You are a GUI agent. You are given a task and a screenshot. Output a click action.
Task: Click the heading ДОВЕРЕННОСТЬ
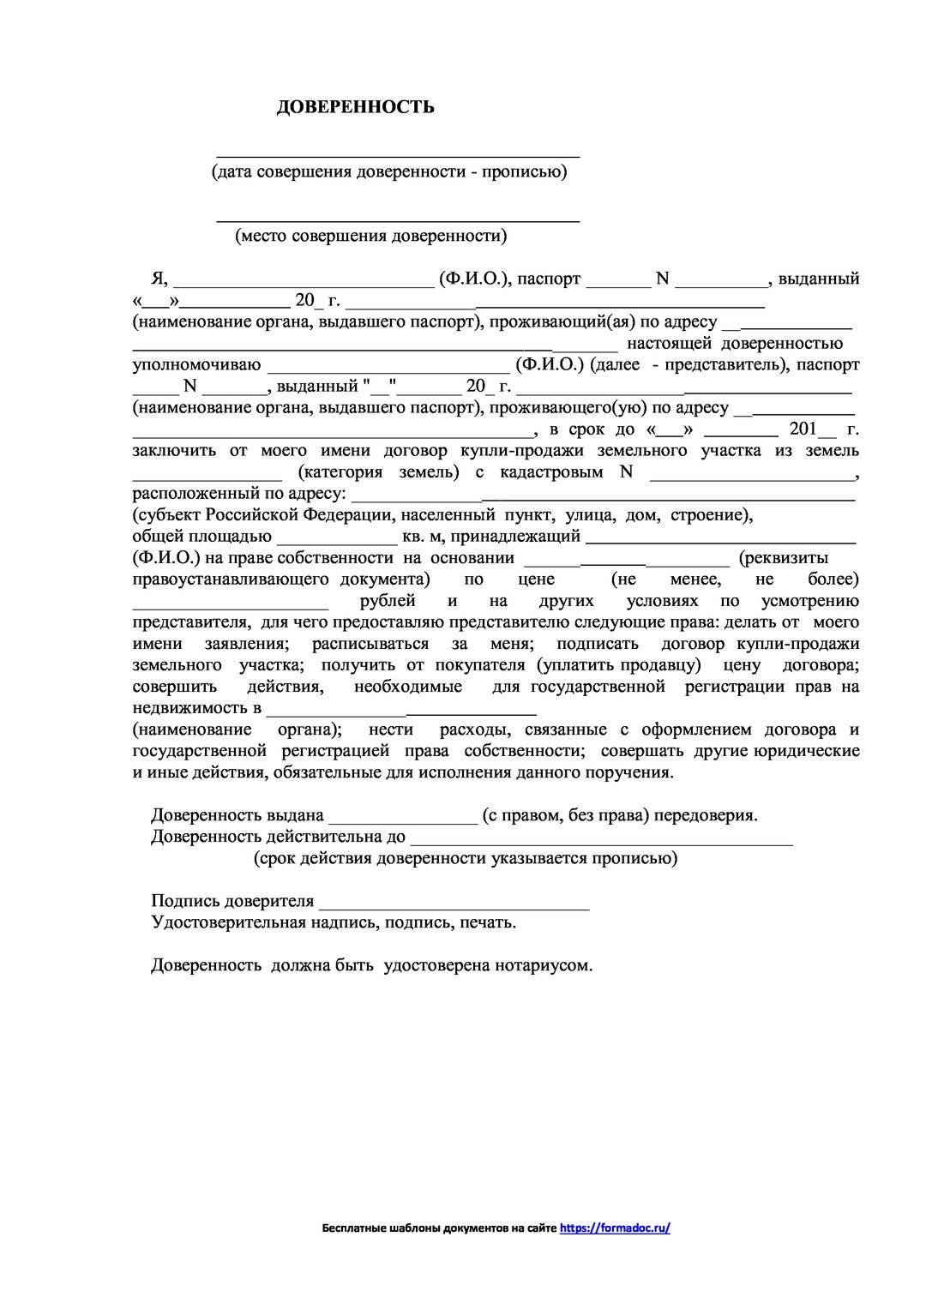click(x=355, y=107)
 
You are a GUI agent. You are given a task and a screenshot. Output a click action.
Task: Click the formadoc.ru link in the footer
click(x=615, y=1228)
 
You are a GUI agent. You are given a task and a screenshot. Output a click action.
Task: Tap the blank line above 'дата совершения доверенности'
click(x=398, y=156)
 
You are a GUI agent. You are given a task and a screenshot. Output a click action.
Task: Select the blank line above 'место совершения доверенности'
click(x=398, y=220)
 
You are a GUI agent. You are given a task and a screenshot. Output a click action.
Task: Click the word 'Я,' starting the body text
click(x=158, y=279)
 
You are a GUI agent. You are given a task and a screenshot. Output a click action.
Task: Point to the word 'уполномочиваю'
click(x=195, y=365)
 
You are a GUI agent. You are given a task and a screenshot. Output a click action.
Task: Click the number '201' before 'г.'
click(x=803, y=429)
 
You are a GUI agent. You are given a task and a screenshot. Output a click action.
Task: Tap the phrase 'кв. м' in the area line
click(x=424, y=537)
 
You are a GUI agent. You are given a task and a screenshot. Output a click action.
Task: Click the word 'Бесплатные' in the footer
click(x=352, y=1228)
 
